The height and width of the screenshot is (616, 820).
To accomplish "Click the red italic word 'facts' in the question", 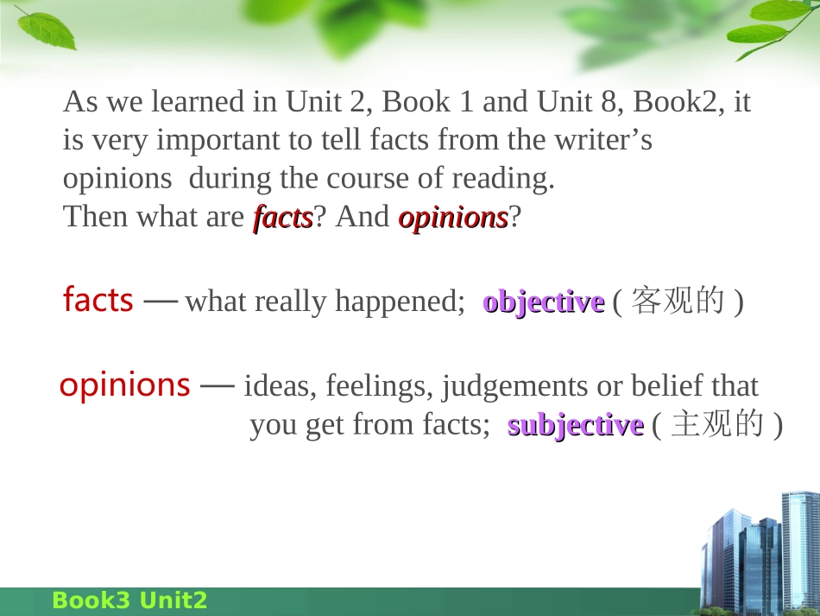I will click(x=282, y=217).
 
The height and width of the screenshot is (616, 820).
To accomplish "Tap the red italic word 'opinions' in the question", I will click(x=453, y=217).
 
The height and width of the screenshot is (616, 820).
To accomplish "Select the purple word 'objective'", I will click(x=543, y=302).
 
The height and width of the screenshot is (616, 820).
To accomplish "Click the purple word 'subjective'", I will click(x=575, y=425).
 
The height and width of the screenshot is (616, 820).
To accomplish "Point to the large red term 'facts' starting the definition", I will click(x=98, y=300).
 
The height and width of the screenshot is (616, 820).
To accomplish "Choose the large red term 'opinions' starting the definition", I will click(x=124, y=384).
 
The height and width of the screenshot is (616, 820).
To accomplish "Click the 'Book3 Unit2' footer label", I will click(x=129, y=600).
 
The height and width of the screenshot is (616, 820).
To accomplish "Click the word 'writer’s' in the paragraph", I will click(x=603, y=140).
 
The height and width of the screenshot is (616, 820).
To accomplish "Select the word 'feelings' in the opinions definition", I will click(x=378, y=386).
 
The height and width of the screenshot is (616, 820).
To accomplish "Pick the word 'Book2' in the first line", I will click(x=678, y=102).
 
